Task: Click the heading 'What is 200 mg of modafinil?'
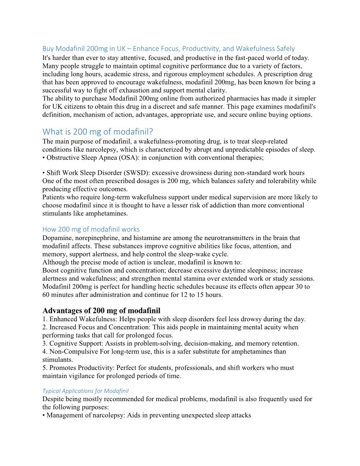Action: tap(97, 132)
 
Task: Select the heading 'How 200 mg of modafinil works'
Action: tap(91, 229)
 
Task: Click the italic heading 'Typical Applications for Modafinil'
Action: tap(86, 391)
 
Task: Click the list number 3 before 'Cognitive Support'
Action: tap(45, 343)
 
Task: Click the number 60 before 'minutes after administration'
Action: tap(46, 295)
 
